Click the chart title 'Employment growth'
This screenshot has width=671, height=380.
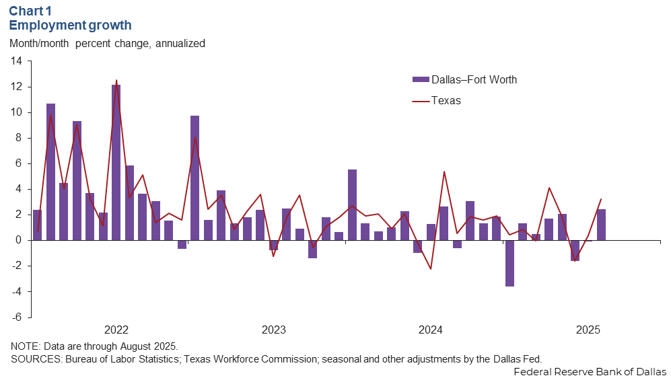pos(71,26)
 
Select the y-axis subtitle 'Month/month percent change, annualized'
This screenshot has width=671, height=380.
pos(108,43)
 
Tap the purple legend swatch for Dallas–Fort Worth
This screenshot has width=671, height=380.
pos(420,80)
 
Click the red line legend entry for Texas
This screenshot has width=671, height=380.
pos(420,101)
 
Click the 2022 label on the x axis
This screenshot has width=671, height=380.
pos(116,330)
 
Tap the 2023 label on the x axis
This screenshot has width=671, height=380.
pos(273,330)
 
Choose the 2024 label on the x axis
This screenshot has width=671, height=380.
pos(431,330)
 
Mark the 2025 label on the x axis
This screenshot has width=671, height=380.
pos(588,330)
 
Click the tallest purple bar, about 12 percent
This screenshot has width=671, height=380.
pos(116,161)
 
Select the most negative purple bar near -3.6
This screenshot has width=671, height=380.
pos(509,263)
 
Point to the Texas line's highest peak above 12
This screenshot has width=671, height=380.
pos(116,81)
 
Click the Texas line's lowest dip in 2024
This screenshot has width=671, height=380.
pos(431,269)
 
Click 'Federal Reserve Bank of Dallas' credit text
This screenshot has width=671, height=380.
pos(590,371)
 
